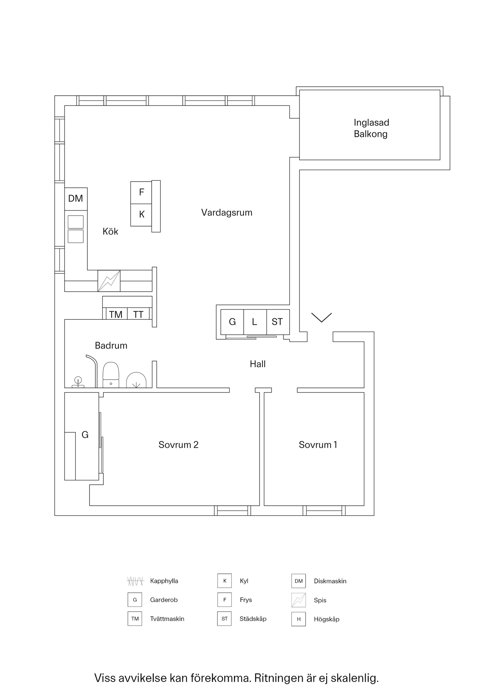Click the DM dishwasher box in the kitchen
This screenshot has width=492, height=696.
pos(76,199)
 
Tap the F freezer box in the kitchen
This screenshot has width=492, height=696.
pos(141,192)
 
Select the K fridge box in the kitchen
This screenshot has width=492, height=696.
pos(141,215)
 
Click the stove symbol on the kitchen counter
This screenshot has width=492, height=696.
pos(109,281)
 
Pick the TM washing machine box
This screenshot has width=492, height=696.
pos(116,314)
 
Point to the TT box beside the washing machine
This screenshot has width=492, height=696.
pos(138,314)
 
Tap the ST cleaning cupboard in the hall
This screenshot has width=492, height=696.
pos(277,322)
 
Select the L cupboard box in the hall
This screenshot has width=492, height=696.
pos(255,322)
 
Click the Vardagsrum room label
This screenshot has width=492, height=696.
pos(227,212)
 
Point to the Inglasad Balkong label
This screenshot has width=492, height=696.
pos(371,128)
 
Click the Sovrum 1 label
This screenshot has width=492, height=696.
pos(318,445)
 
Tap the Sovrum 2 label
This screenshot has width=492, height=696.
pos(178,445)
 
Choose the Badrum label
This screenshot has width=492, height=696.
pos(111,345)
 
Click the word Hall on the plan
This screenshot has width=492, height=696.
pos(257,364)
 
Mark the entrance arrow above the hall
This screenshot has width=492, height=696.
pos(322,318)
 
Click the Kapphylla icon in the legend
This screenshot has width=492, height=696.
pos(135,581)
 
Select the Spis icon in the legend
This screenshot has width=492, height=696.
pos(298,600)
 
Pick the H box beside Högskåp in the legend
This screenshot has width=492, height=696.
pos(298,619)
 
